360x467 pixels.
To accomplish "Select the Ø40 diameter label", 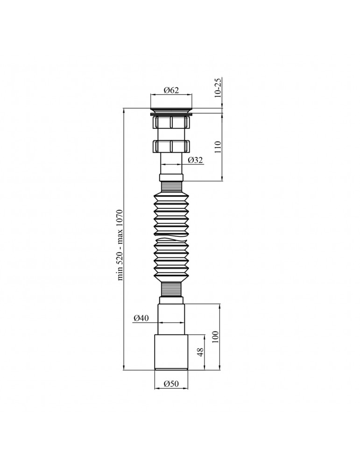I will pyautogui.click(x=141, y=318).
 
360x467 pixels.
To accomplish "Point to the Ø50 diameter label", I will pyautogui.click(x=171, y=384).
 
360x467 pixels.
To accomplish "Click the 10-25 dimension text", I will pyautogui.click(x=218, y=88).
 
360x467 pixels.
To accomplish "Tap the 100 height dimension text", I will pyautogui.click(x=215, y=337).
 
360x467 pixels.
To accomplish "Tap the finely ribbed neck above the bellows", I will pyautogui.click(x=171, y=187).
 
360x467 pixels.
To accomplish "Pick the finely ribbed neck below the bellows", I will pyautogui.click(x=171, y=289).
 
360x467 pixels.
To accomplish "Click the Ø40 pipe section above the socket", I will pyautogui.click(x=171, y=318).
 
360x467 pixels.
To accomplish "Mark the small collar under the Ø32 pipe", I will pyautogui.click(x=171, y=178).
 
